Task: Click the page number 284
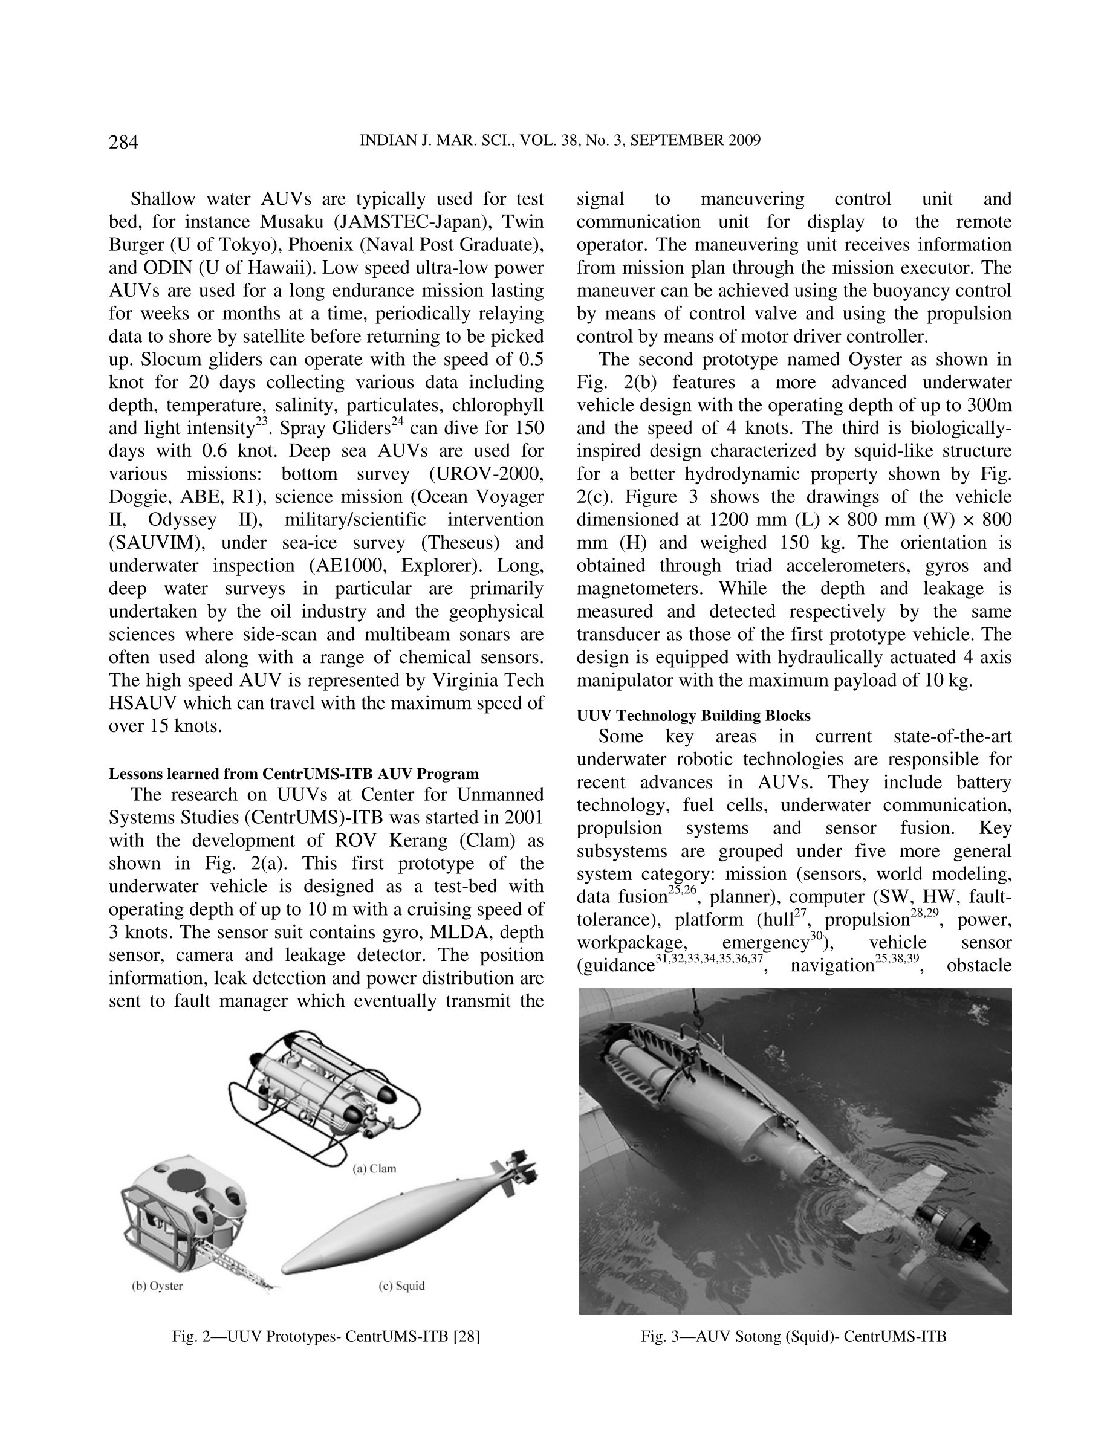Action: point(123,142)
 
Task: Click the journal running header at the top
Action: point(560,141)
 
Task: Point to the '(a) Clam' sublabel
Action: point(374,1168)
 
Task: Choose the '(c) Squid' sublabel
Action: point(402,1286)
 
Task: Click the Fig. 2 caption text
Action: point(325,1337)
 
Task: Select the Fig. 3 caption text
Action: point(794,1337)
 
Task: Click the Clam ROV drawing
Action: point(322,1092)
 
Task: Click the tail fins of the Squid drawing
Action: point(517,1177)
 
